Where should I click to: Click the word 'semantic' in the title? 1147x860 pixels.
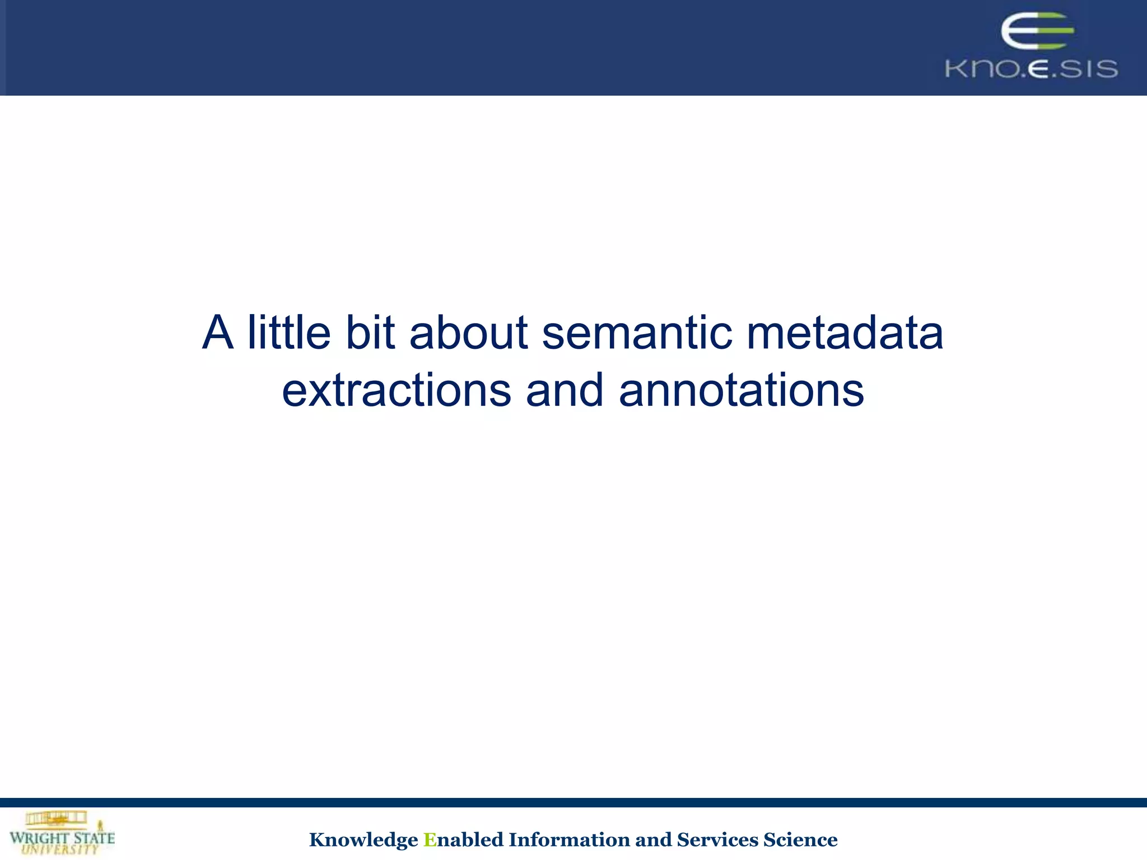pos(637,333)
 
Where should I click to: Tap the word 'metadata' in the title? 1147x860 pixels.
pos(845,333)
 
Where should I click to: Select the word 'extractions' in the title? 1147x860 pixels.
pos(396,390)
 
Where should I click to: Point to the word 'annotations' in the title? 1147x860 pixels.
pos(741,390)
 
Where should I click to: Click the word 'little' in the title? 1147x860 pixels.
pos(289,333)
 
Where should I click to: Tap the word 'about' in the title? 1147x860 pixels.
pos(469,333)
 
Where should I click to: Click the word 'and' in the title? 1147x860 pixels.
pos(565,390)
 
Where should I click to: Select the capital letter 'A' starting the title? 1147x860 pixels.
pos(217,333)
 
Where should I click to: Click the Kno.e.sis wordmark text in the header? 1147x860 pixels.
pos(1031,69)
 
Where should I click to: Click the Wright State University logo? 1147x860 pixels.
pos(62,833)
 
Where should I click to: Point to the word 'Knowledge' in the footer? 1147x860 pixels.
pos(363,840)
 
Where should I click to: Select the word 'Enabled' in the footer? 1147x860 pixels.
pos(463,840)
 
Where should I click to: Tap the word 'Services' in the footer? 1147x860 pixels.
pos(717,840)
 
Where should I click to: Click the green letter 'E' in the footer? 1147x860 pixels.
pos(430,840)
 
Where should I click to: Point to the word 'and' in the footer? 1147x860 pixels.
pos(653,840)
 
